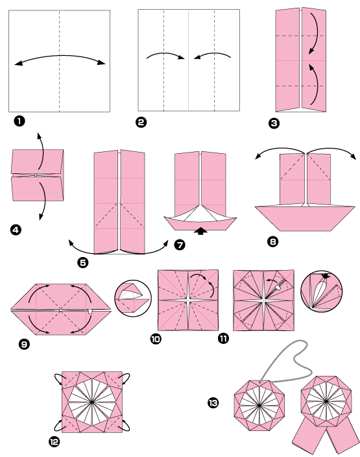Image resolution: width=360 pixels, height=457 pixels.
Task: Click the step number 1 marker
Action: click(x=20, y=120)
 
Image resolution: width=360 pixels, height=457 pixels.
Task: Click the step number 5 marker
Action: click(x=81, y=262)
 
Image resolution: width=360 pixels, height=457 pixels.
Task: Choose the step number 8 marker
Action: click(x=272, y=241)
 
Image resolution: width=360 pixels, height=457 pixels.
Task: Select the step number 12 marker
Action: click(x=54, y=442)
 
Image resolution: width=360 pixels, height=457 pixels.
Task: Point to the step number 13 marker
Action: click(x=213, y=403)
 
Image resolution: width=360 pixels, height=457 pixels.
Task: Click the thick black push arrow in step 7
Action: click(x=201, y=229)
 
